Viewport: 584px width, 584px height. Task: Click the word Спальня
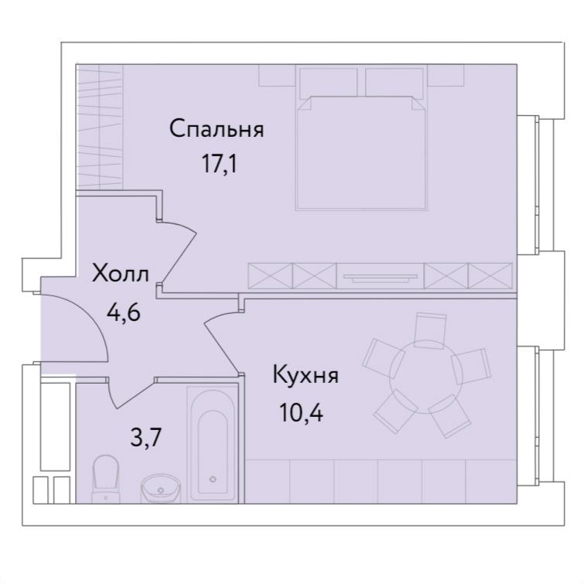tap(217, 129)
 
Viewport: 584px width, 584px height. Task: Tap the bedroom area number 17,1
tap(219, 163)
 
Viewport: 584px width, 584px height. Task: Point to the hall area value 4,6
tap(123, 312)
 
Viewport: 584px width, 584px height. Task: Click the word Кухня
tap(306, 374)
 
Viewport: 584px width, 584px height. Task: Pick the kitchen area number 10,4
tap(301, 413)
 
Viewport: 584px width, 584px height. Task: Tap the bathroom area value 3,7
tap(145, 437)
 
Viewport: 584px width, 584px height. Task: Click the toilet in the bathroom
tap(105, 479)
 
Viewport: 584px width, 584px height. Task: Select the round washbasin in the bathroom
tap(161, 488)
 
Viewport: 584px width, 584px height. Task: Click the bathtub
tap(213, 443)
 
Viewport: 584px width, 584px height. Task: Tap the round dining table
tap(425, 377)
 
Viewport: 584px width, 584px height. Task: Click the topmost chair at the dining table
tap(430, 330)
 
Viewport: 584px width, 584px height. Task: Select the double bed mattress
tap(361, 153)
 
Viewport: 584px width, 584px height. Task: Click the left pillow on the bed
tap(328, 83)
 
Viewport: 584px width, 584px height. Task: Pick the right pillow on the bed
tap(394, 83)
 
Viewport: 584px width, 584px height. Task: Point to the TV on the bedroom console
tap(381, 276)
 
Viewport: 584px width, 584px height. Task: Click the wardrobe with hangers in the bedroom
tap(100, 127)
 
